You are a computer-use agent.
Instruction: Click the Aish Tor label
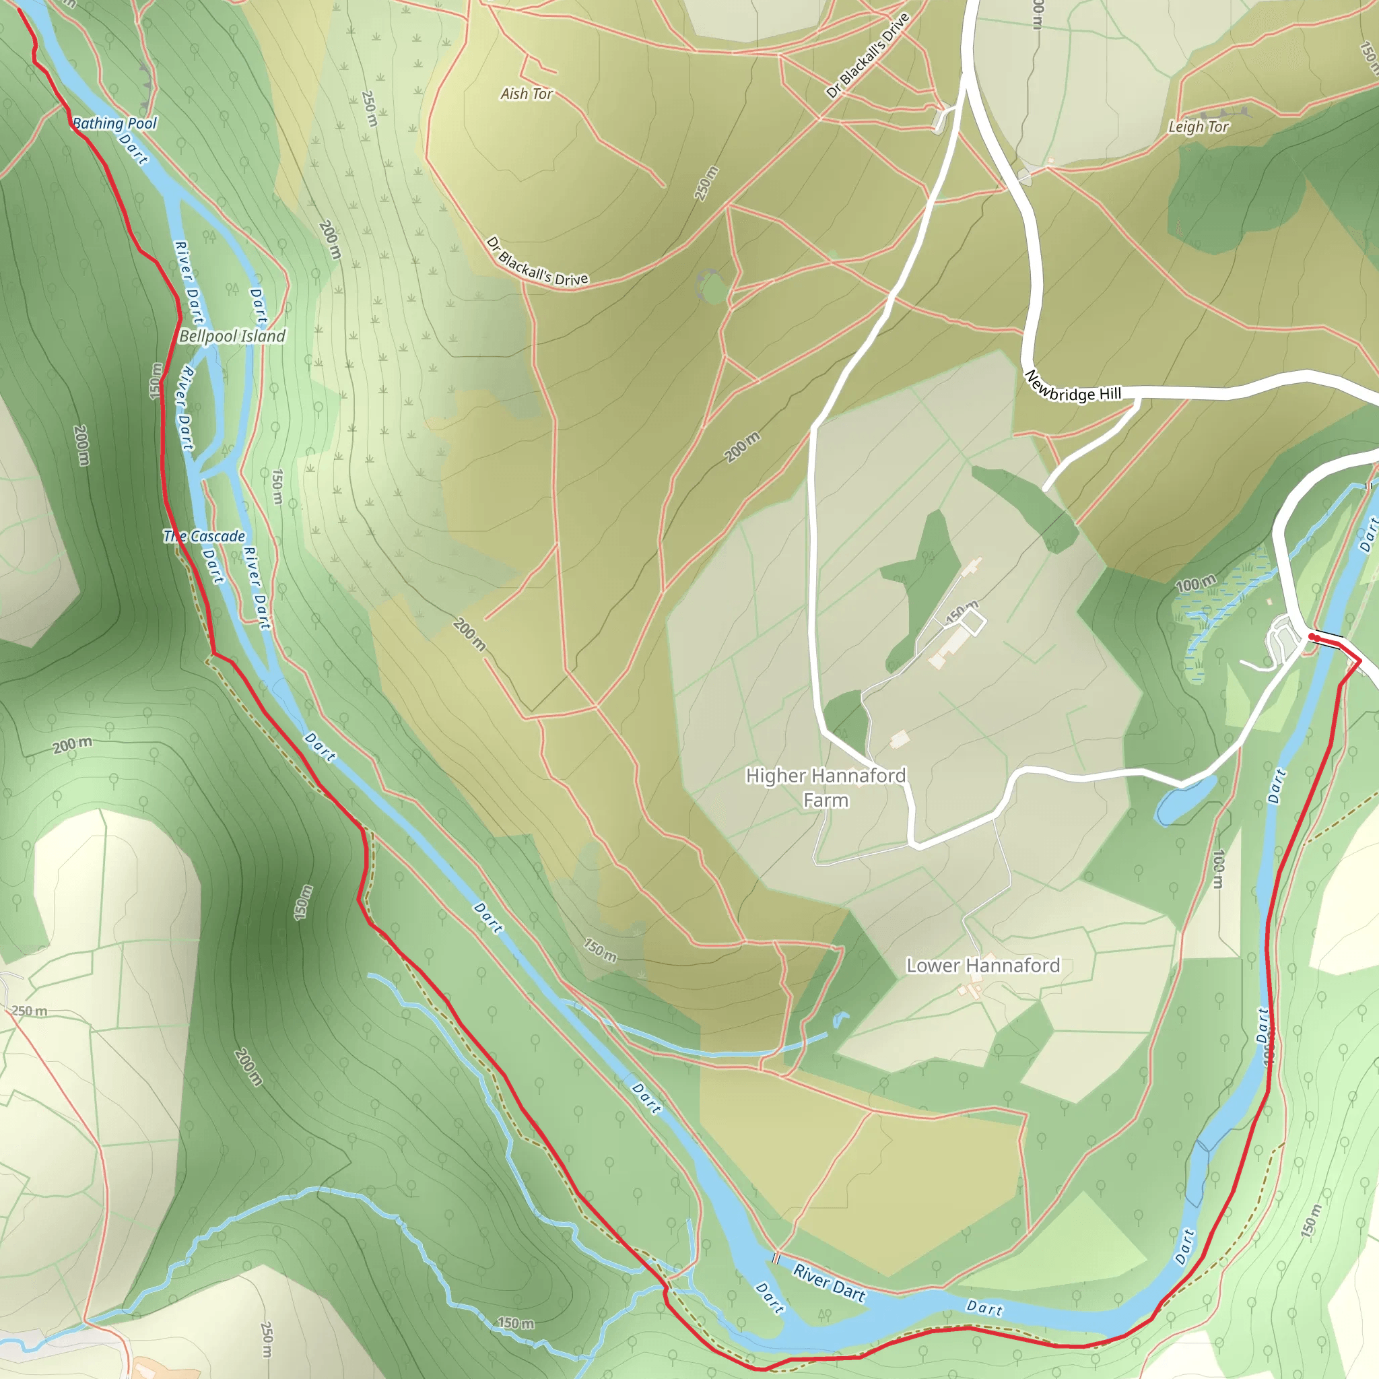(526, 94)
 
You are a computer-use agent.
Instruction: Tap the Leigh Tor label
(1198, 127)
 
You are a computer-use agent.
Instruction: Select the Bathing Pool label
(114, 123)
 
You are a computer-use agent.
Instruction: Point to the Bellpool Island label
(232, 336)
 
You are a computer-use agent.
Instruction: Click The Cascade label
(204, 536)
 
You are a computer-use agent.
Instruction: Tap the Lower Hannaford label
(983, 966)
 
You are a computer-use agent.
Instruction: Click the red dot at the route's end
(1312, 636)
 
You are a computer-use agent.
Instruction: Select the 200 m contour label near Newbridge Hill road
(742, 448)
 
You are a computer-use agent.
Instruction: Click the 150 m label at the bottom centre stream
(515, 1323)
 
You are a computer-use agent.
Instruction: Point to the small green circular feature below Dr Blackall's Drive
(712, 288)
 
